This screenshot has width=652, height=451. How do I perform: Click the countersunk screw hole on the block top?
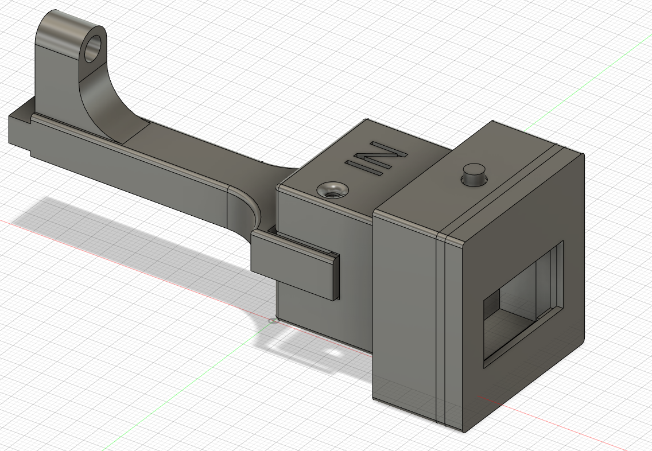[332, 189]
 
